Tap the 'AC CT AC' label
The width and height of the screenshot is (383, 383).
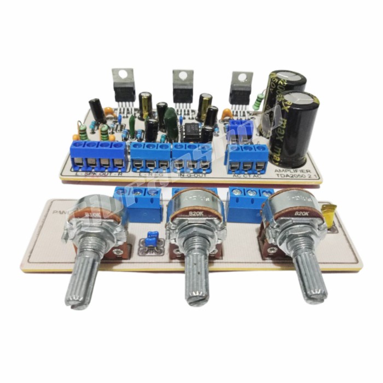pos(247,175)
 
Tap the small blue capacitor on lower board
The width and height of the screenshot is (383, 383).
pos(148,240)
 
